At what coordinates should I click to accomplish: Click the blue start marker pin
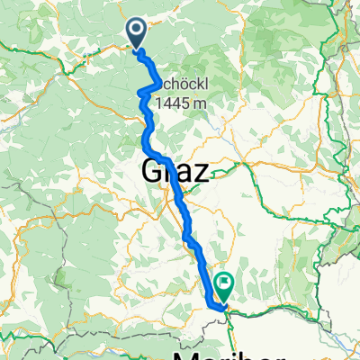[x=138, y=34]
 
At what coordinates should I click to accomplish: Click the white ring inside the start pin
[x=138, y=31]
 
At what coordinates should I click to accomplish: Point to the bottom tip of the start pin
[x=138, y=49]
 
